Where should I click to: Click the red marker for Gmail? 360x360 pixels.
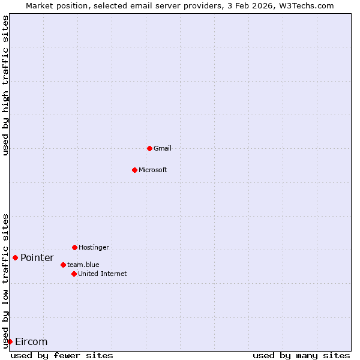click(149, 148)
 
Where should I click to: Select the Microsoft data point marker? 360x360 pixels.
click(134, 170)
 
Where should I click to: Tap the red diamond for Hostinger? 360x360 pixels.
click(74, 247)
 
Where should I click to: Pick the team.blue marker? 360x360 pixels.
click(63, 265)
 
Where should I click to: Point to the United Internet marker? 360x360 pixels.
click(74, 274)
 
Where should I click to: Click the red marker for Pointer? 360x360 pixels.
click(15, 257)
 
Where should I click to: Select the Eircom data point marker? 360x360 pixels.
click(10, 341)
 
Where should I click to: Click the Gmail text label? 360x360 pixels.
click(163, 148)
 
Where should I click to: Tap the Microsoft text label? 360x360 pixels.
click(153, 170)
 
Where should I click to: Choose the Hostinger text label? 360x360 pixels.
click(94, 247)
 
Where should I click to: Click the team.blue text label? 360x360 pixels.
click(83, 265)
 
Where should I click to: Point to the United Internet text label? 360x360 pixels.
click(103, 274)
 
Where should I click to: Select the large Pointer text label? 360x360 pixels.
click(37, 258)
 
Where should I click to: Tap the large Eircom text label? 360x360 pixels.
click(31, 342)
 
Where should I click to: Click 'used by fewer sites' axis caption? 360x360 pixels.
click(62, 356)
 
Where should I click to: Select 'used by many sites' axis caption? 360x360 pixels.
click(301, 356)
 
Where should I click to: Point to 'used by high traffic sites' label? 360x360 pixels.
click(6, 85)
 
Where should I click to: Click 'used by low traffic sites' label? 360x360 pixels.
click(6, 281)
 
